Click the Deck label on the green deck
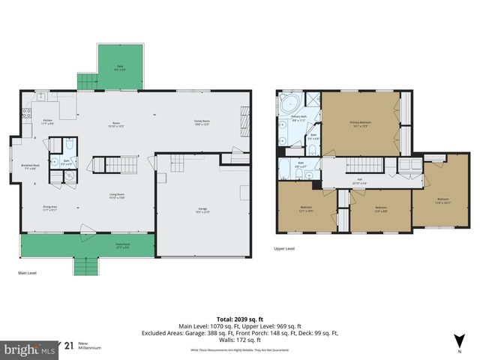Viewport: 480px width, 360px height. coord(120,67)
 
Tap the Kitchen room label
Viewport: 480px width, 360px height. coord(47,121)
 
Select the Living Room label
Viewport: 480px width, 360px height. coord(116,196)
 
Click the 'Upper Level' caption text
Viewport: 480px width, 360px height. coord(284,248)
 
